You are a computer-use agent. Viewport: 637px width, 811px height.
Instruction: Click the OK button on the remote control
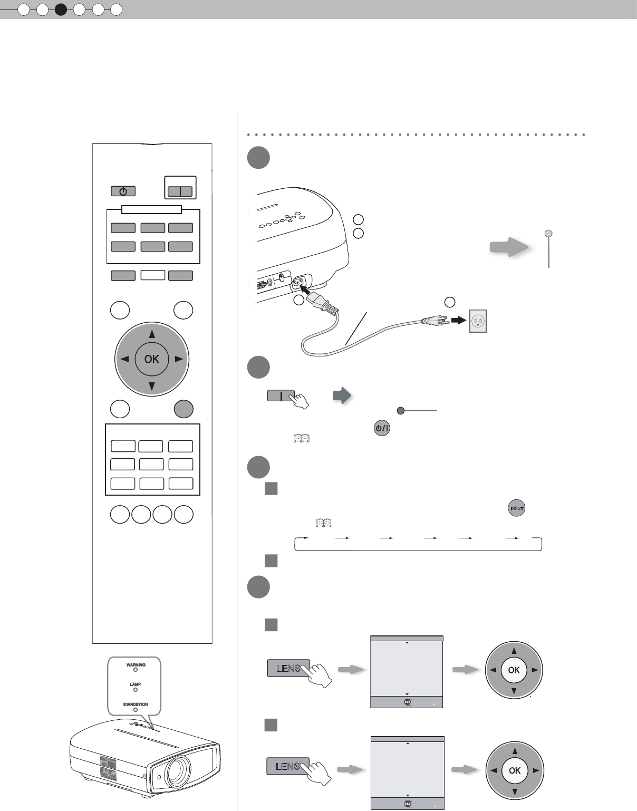pyautogui.click(x=152, y=359)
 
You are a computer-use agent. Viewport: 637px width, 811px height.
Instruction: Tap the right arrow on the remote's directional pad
pyautogui.click(x=179, y=359)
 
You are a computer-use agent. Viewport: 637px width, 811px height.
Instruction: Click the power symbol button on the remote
pyautogui.click(x=123, y=191)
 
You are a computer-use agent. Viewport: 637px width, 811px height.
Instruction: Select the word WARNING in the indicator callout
pyautogui.click(x=136, y=665)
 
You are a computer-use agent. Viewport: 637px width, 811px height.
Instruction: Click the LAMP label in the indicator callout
pyautogui.click(x=136, y=684)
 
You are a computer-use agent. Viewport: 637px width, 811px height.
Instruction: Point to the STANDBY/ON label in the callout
pyautogui.click(x=136, y=704)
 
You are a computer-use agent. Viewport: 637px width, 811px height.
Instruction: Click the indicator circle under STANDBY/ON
pyautogui.click(x=136, y=710)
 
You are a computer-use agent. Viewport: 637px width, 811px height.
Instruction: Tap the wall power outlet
pyautogui.click(x=478, y=321)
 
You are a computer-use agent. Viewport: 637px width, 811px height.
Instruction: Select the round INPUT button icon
pyautogui.click(x=517, y=508)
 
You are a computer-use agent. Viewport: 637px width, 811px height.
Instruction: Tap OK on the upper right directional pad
pyautogui.click(x=514, y=670)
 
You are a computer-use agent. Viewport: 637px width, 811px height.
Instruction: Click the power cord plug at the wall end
pyautogui.click(x=432, y=320)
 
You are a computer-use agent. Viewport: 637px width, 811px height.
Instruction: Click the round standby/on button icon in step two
pyautogui.click(x=381, y=428)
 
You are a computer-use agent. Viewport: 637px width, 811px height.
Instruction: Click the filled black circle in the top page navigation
pyautogui.click(x=61, y=9)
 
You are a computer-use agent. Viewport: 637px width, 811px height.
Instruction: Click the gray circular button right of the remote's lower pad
pyautogui.click(x=184, y=409)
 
